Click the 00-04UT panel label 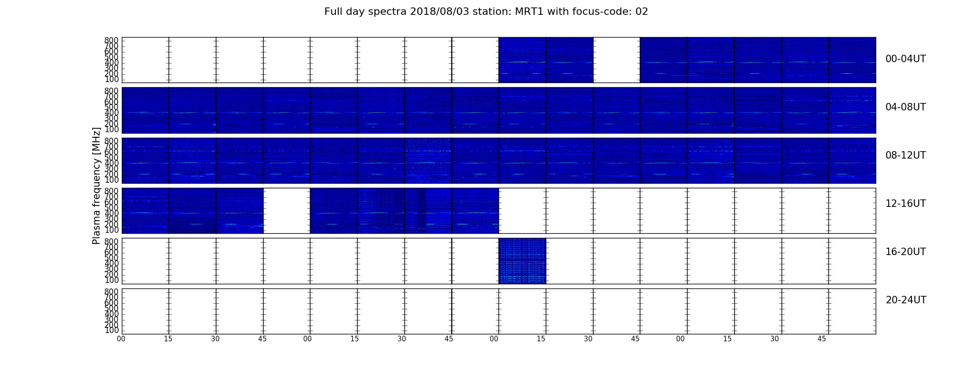[905, 59]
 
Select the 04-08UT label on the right [905, 107]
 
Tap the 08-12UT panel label [905, 155]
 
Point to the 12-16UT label [905, 204]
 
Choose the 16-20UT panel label [905, 252]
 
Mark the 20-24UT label [906, 300]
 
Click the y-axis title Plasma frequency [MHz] [96, 185]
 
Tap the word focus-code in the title [594, 12]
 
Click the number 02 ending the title [642, 12]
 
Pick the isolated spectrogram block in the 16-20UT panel [522, 261]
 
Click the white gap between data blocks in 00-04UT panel [616, 60]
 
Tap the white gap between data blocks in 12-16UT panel [286, 211]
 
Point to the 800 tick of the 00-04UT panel [111, 40]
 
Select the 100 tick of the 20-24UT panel [111, 331]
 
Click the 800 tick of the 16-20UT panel [111, 241]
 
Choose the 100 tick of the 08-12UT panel [111, 180]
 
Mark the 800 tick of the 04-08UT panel [111, 90]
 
